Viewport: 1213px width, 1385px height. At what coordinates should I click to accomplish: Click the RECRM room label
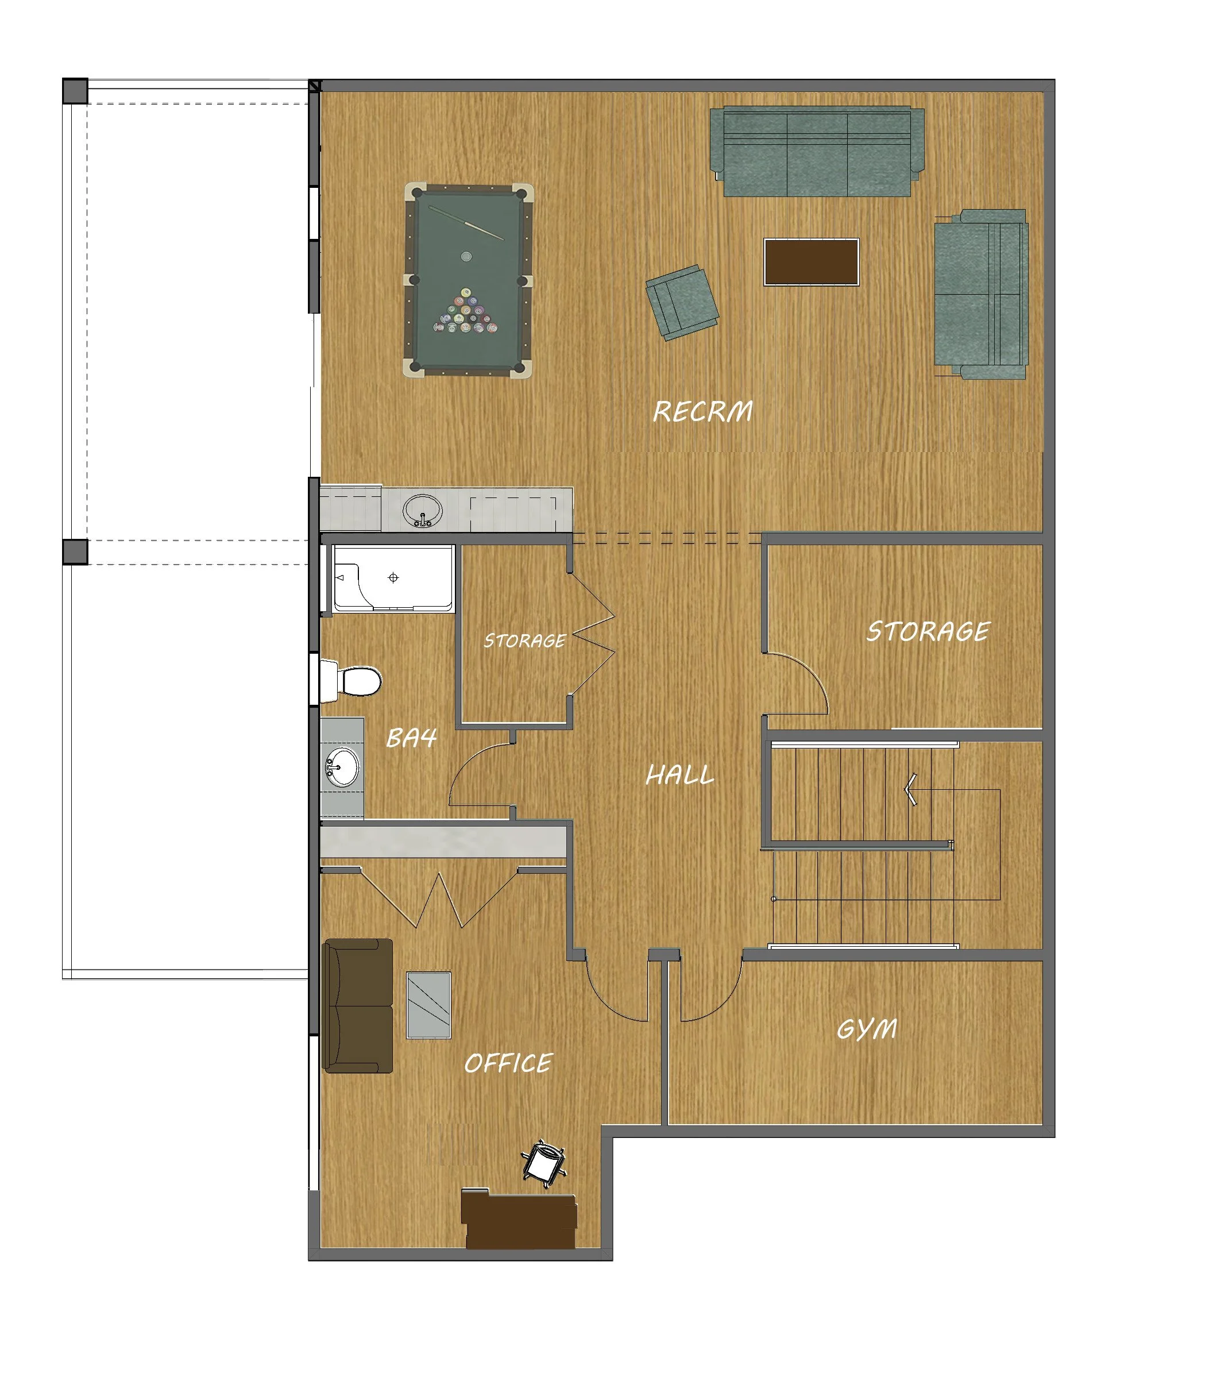pyautogui.click(x=702, y=411)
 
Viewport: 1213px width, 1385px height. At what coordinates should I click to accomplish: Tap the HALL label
pyautogui.click(x=679, y=775)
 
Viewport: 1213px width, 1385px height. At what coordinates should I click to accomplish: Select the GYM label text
pyautogui.click(x=867, y=1029)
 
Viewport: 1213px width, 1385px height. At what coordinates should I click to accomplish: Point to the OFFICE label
pyautogui.click(x=508, y=1063)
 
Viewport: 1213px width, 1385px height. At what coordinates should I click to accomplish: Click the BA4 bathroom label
pyautogui.click(x=411, y=738)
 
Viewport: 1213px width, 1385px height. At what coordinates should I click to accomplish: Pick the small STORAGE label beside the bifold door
pyautogui.click(x=524, y=641)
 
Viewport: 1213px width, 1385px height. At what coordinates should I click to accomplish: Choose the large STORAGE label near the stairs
pyautogui.click(x=928, y=631)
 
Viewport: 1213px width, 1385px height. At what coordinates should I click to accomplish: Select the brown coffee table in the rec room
pyautogui.click(x=812, y=262)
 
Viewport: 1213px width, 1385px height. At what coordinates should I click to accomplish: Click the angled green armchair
pyautogui.click(x=681, y=302)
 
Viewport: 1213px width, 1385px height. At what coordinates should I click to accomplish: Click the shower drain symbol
pyautogui.click(x=393, y=577)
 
